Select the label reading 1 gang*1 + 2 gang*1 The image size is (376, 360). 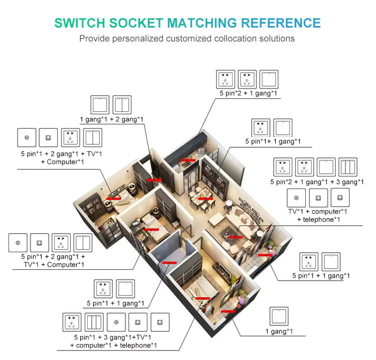pyautogui.click(x=112, y=119)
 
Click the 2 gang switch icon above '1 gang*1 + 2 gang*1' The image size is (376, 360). pyautogui.click(x=122, y=104)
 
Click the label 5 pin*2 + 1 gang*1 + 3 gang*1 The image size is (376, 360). pyautogui.click(x=317, y=182)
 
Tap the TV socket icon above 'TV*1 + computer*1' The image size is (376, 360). pyautogui.click(x=296, y=198)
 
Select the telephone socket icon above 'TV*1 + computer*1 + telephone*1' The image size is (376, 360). pyautogui.click(x=340, y=198)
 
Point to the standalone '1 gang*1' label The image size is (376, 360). pyautogui.click(x=279, y=332)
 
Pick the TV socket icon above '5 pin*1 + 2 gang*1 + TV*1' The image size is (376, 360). pyautogui.click(x=27, y=137)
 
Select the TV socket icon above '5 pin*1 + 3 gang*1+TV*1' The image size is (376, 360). pyautogui.click(x=116, y=322)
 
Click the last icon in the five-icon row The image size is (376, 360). pyautogui.click(x=160, y=322)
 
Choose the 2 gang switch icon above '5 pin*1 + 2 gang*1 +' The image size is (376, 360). pyautogui.click(x=83, y=243)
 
